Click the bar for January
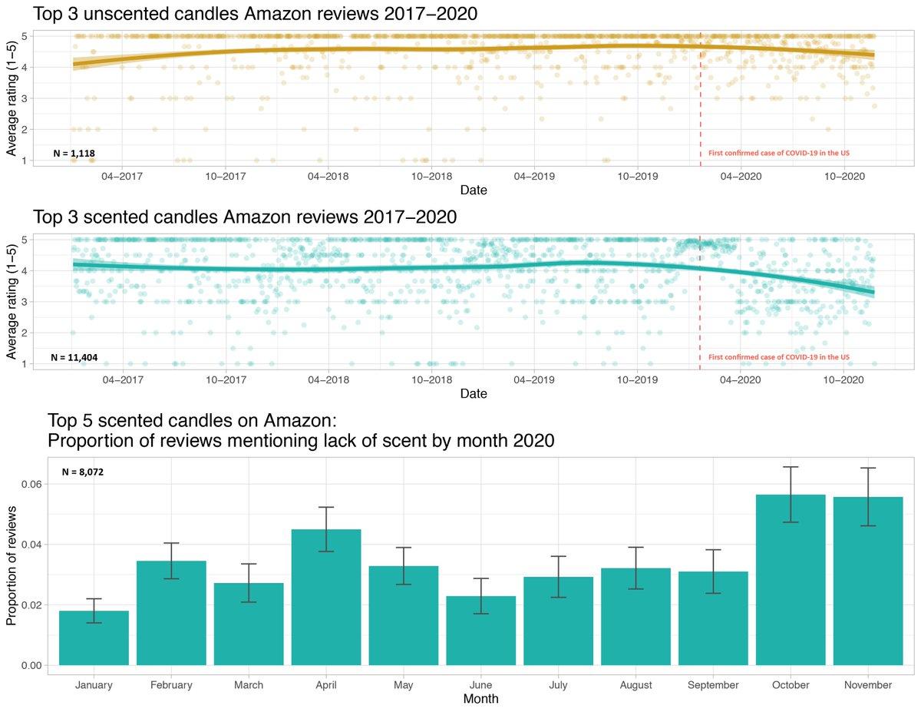tap(94, 637)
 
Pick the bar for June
tap(481, 630)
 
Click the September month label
tap(713, 685)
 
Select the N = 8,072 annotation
tap(83, 472)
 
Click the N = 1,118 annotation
tap(74, 154)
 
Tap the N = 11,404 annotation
tap(74, 357)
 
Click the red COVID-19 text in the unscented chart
tap(778, 154)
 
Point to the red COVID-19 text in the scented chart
tap(778, 357)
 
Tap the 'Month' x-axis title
tap(480, 700)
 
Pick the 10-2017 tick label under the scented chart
tap(225, 379)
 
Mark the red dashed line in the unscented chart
tap(700, 92)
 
